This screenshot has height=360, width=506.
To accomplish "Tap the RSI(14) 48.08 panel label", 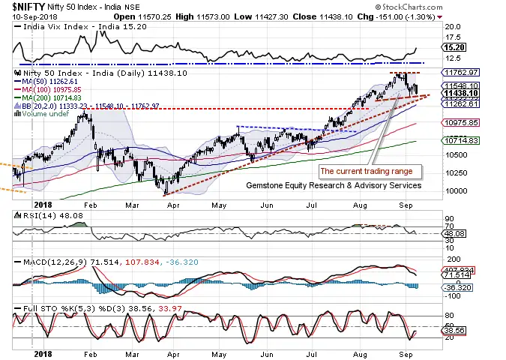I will tap(40, 215).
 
